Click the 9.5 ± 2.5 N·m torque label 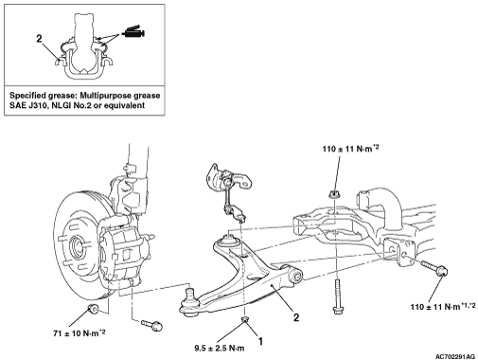pyautogui.click(x=220, y=349)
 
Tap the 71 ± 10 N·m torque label pyautogui.click(x=79, y=333)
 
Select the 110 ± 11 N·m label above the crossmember pyautogui.click(x=350, y=149)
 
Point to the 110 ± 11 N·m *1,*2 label pyautogui.click(x=443, y=306)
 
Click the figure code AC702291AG pyautogui.click(x=455, y=356)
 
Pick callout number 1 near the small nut pyautogui.click(x=260, y=341)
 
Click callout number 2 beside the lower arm pyautogui.click(x=296, y=317)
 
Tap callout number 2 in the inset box pyautogui.click(x=39, y=39)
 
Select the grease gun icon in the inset pyautogui.click(x=133, y=31)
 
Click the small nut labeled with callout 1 pyautogui.click(x=244, y=319)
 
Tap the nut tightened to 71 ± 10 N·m pyautogui.click(x=93, y=309)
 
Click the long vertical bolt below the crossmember pyautogui.click(x=338, y=296)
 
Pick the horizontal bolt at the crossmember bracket pyautogui.click(x=434, y=267)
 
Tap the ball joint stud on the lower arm pyautogui.click(x=189, y=293)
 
